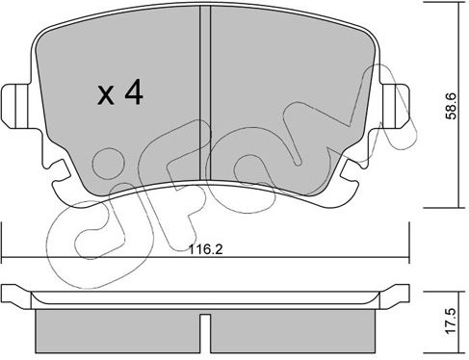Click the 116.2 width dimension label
(205, 249)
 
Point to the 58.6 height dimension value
(451, 106)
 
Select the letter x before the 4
(106, 95)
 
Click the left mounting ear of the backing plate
(15, 106)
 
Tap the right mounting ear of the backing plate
(395, 106)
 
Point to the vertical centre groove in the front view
(205, 93)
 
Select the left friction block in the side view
(117, 330)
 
